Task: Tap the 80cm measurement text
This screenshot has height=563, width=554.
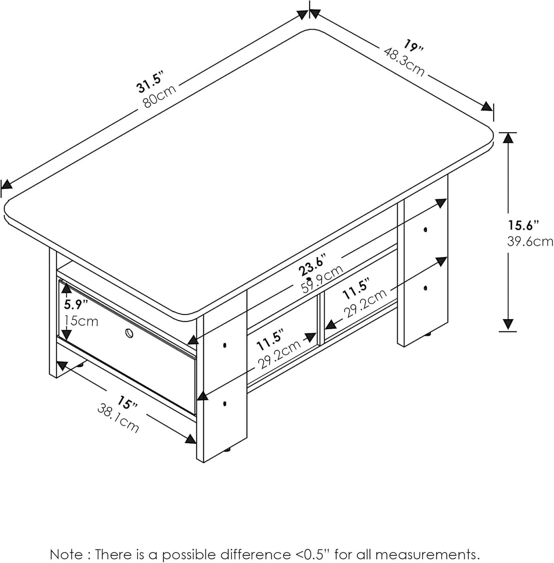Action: [159, 96]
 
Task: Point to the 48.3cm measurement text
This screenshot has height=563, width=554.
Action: [403, 62]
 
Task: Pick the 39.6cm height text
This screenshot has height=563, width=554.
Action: [530, 241]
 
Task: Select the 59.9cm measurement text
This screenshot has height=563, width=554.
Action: [322, 278]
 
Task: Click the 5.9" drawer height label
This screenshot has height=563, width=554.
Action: [76, 304]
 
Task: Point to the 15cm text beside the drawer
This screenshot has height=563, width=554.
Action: [81, 321]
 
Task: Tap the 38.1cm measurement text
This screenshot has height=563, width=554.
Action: [118, 419]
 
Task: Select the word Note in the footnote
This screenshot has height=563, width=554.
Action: [66, 554]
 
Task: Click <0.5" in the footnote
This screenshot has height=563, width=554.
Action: [312, 554]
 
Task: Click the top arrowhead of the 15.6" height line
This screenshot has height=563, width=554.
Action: [508, 138]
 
